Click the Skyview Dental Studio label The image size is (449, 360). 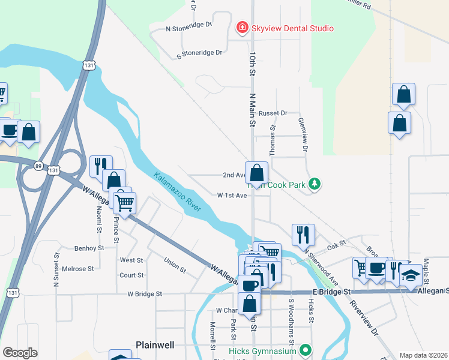292,28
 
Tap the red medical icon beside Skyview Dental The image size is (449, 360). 242,28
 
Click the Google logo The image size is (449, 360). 20,353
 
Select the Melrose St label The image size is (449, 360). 78,269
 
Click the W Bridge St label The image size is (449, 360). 144,294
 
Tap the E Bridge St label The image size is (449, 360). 331,292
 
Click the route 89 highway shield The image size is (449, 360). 38,166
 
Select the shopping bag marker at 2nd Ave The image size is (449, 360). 256,174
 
